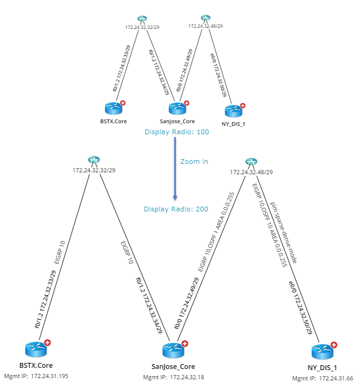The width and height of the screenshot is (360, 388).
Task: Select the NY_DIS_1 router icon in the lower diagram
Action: pyautogui.click(x=322, y=351)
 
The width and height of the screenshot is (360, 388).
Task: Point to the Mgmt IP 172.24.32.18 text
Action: pyautogui.click(x=173, y=377)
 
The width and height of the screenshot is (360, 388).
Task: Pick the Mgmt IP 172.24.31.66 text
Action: pyautogui.click(x=323, y=378)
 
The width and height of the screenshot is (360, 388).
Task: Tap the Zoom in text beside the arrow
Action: pyautogui.click(x=194, y=162)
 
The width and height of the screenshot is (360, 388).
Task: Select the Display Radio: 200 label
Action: pyautogui.click(x=176, y=209)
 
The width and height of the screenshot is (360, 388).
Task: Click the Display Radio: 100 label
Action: pyautogui.click(x=177, y=132)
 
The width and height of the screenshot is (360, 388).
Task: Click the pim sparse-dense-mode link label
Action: pyautogui.click(x=283, y=233)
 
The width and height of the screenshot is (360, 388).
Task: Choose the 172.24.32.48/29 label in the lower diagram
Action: pyautogui.click(x=251, y=172)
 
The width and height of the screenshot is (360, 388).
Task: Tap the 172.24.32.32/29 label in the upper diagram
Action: pyautogui.click(x=142, y=27)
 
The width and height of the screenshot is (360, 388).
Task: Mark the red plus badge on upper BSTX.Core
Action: pyautogui.click(x=123, y=103)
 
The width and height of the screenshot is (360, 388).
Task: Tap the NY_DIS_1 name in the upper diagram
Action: pyautogui.click(x=232, y=124)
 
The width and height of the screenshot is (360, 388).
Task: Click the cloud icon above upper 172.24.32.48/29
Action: pyautogui.click(x=205, y=17)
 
